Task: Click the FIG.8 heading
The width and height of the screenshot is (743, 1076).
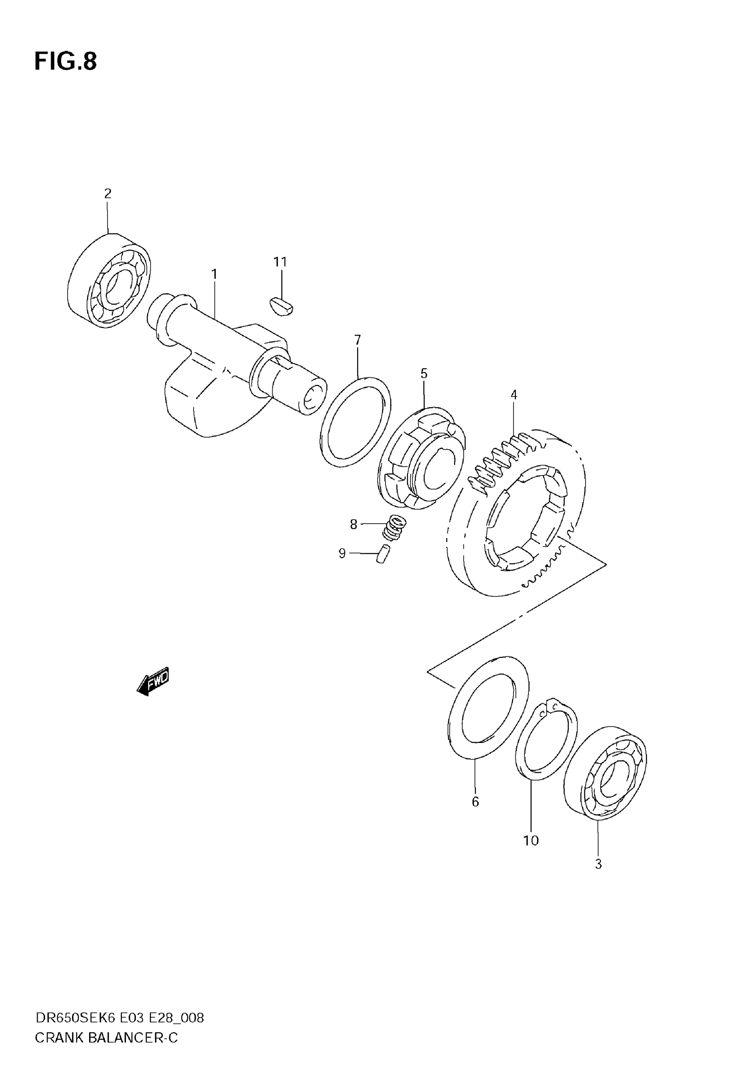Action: tap(66, 62)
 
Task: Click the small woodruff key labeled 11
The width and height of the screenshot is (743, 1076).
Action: tap(281, 307)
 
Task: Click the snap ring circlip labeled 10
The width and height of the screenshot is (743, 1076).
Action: tap(547, 740)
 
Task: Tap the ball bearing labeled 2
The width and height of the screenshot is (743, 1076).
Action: tap(109, 281)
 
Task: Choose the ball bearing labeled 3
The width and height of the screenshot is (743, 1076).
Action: tap(605, 773)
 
